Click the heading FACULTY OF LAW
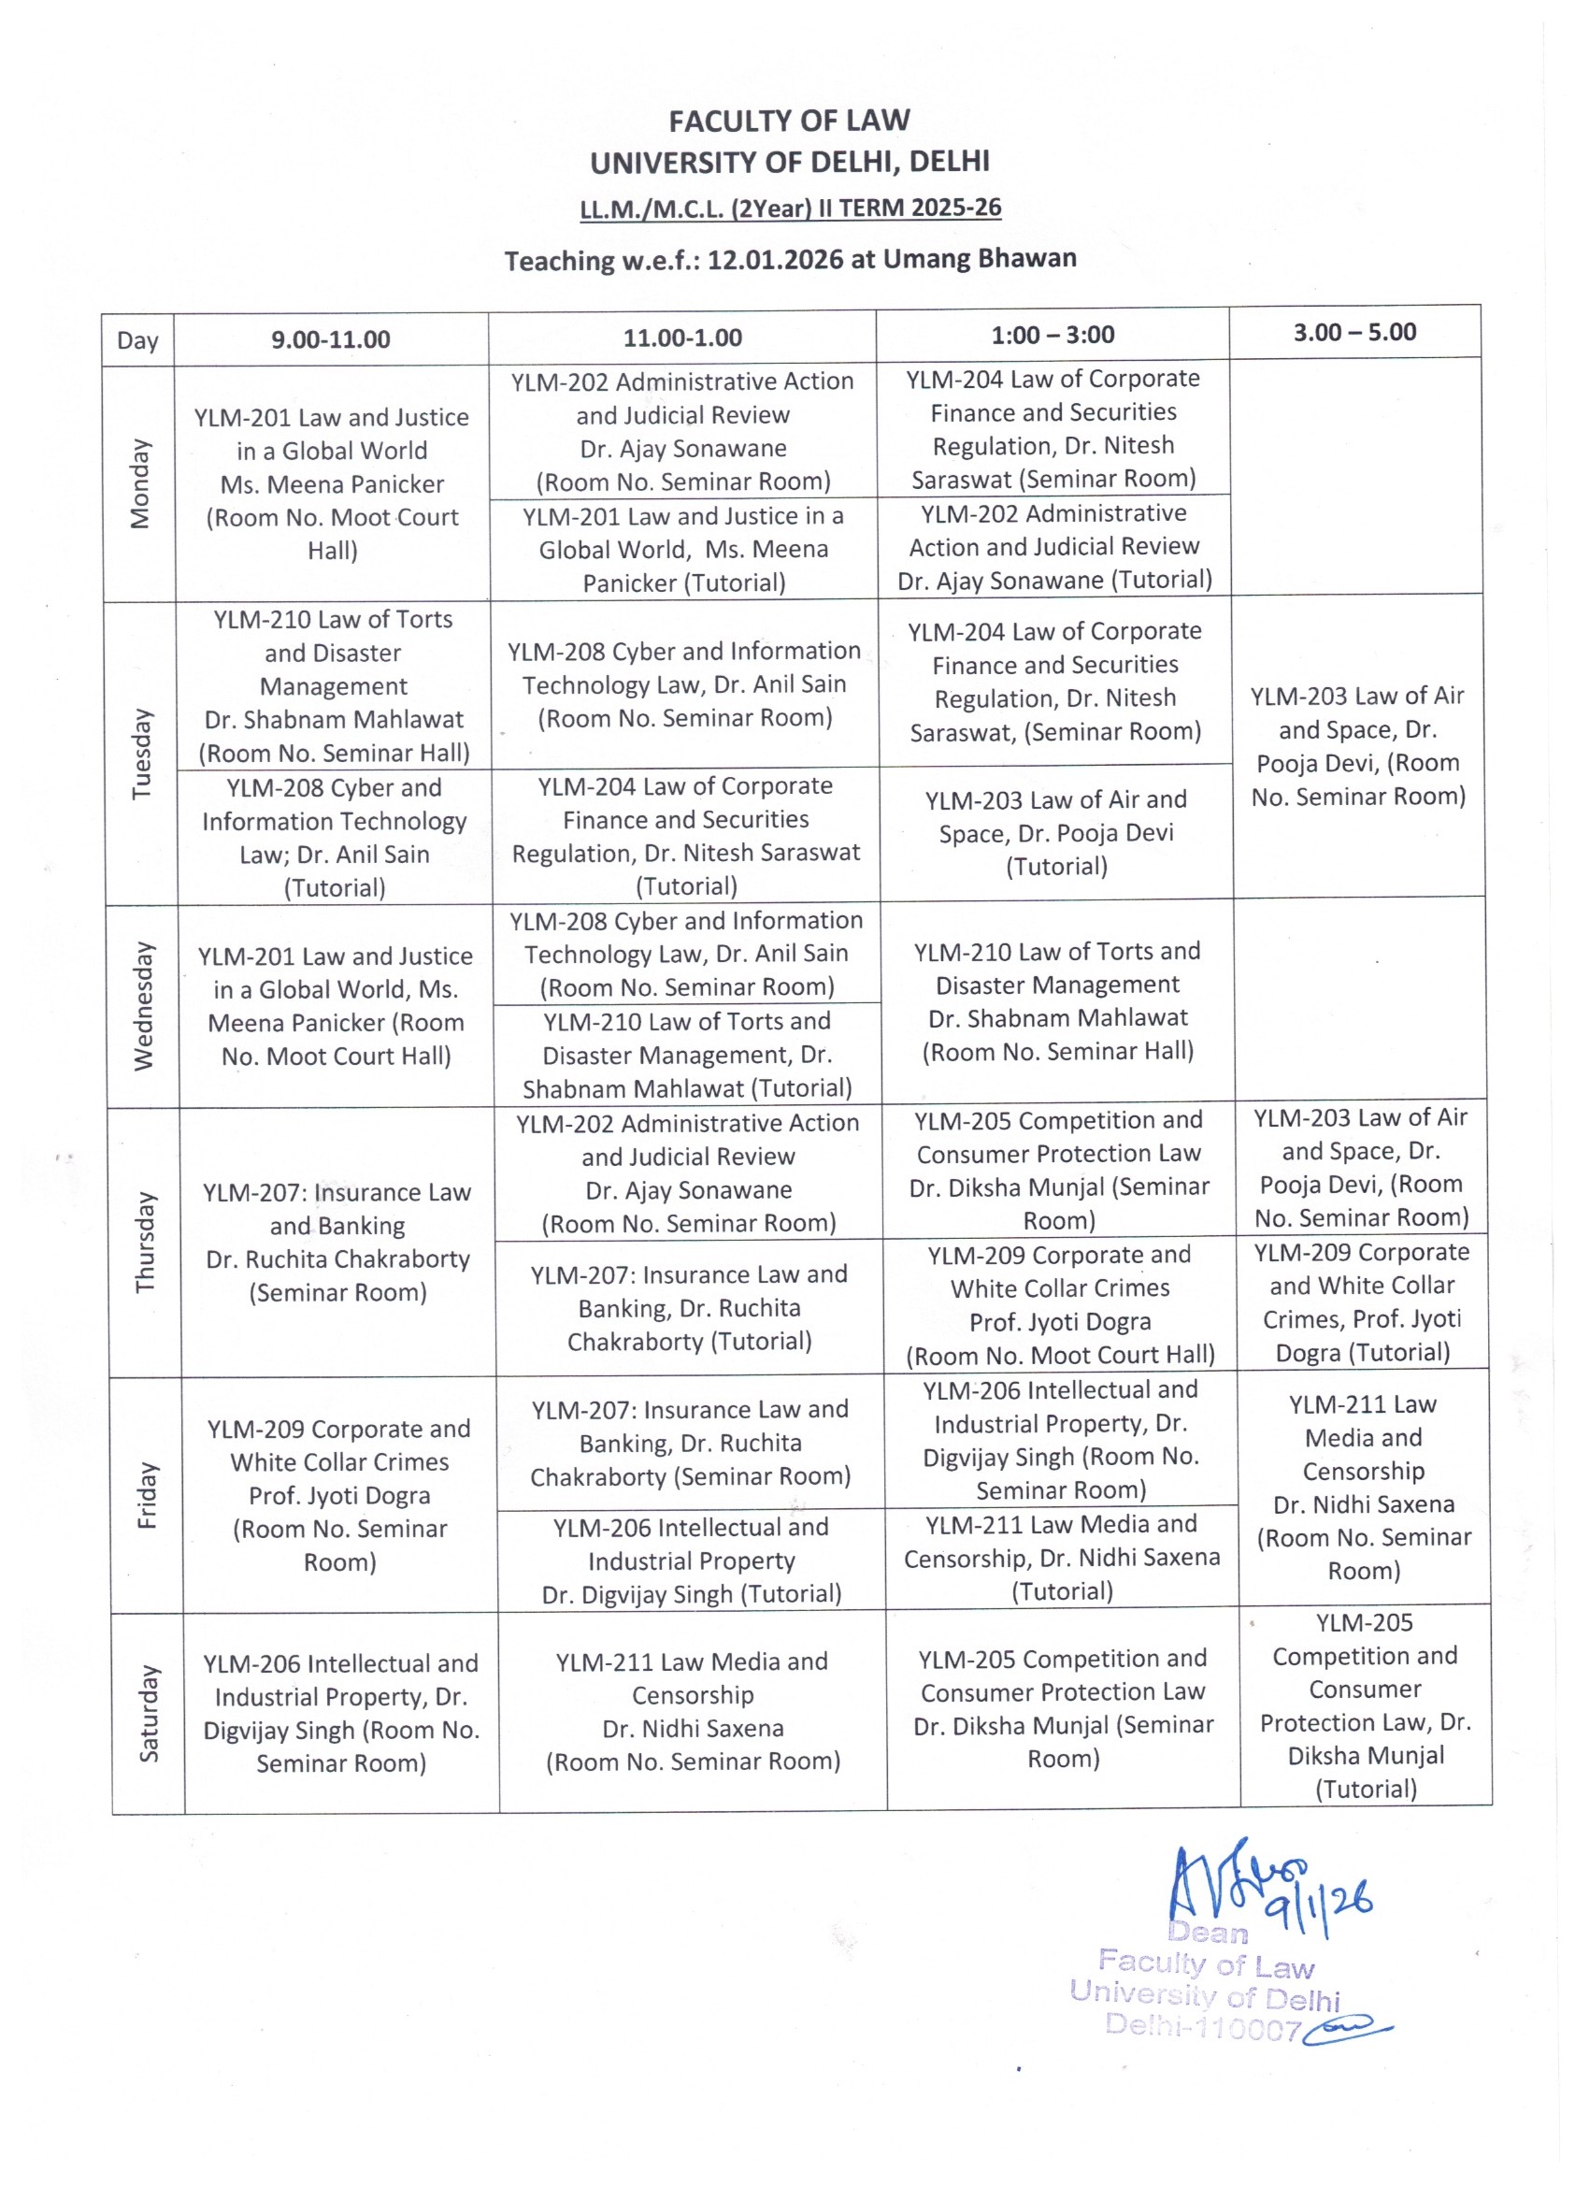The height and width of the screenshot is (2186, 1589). point(789,121)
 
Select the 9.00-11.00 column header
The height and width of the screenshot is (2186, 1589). point(331,339)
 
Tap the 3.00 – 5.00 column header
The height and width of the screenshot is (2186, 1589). point(1353,333)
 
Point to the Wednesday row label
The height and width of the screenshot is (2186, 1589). point(144,1005)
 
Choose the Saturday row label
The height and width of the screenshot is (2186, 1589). point(149,1713)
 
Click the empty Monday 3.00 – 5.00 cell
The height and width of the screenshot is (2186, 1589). point(1354,476)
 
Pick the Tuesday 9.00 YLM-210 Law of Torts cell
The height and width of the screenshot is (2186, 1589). point(334,685)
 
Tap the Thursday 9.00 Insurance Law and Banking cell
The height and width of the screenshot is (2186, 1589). point(337,1242)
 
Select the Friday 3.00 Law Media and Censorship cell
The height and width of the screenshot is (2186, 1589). point(1364,1488)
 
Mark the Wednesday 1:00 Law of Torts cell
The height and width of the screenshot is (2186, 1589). point(1057,1001)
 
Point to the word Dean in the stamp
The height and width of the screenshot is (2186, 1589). point(1208,1933)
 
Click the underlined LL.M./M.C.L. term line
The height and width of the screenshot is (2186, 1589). point(790,209)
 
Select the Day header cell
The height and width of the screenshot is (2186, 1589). point(136,340)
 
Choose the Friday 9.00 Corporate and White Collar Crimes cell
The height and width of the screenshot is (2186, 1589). point(339,1495)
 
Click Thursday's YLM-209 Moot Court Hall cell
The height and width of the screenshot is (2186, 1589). point(1060,1305)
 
